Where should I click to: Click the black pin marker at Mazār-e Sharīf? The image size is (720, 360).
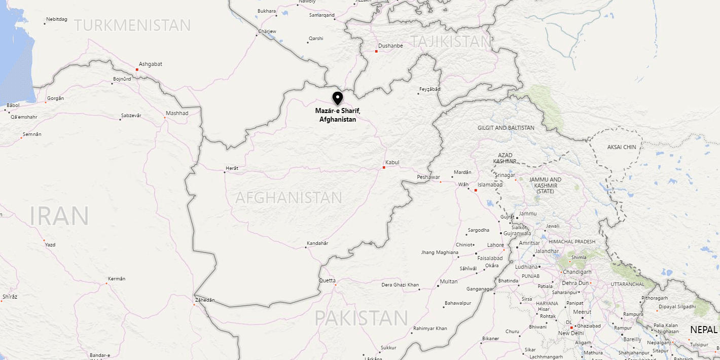click(x=337, y=98)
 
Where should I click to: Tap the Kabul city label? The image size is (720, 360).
click(x=392, y=162)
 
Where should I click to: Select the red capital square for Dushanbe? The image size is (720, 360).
click(x=376, y=51)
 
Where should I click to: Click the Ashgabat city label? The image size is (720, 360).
click(x=151, y=64)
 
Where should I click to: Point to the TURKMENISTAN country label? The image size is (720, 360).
click(x=133, y=25)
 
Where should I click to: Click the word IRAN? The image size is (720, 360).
click(x=59, y=216)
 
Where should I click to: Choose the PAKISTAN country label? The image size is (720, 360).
click(x=361, y=318)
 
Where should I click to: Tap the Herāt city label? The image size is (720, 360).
click(x=232, y=168)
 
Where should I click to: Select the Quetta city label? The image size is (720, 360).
click(x=327, y=280)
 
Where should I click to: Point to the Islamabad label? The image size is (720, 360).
click(x=490, y=185)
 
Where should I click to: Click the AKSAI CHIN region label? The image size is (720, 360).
click(x=622, y=147)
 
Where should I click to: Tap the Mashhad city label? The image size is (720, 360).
click(x=177, y=113)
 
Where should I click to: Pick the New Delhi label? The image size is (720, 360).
click(x=571, y=333)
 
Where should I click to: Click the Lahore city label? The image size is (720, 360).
click(x=495, y=245)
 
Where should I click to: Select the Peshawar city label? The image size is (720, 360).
click(x=428, y=177)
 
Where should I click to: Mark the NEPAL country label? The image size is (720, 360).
click(x=704, y=330)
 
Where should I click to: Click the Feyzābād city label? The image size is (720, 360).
click(x=429, y=89)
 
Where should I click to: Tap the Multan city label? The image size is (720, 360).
click(x=448, y=281)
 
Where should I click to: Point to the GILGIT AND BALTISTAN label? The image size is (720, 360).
click(x=506, y=128)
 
